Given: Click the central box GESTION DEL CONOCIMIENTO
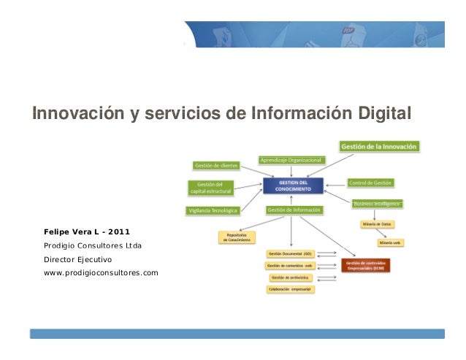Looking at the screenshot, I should point(292,184).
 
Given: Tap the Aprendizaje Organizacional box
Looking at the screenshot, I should point(292,159).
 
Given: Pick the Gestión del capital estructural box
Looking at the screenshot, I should point(211,188).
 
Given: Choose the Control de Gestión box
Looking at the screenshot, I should point(371,182).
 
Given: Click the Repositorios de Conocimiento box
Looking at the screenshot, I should point(236,237).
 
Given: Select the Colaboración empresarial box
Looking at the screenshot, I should point(289,289).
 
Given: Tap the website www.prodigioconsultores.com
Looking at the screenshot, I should point(101,273).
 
